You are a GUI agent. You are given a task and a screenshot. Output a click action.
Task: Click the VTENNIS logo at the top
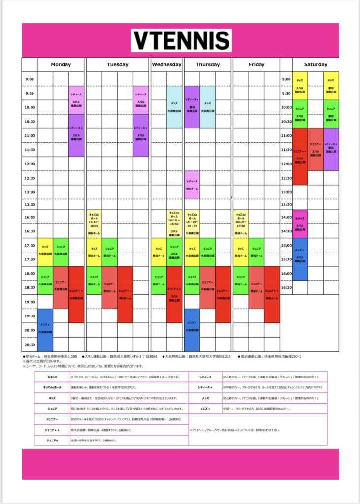(181, 41)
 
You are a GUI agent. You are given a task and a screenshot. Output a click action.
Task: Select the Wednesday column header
(166, 64)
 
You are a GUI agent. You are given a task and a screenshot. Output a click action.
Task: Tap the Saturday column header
(315, 64)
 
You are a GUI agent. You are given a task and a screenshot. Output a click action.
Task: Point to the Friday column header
(256, 64)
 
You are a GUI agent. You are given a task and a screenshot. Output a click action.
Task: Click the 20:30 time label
(30, 345)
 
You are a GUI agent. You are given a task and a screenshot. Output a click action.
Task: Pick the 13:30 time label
(30, 204)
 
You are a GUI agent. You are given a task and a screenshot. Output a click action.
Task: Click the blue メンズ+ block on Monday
(45, 329)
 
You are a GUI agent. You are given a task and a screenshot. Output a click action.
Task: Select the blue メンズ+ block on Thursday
(192, 329)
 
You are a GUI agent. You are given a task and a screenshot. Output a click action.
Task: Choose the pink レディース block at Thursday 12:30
(192, 185)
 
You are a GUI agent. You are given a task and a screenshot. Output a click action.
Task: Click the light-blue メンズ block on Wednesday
(174, 107)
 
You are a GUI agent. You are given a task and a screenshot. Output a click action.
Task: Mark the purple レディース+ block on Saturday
(331, 149)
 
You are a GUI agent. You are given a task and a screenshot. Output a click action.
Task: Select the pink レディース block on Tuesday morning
(140, 100)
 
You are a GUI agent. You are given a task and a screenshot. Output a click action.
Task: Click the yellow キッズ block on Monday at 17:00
(45, 252)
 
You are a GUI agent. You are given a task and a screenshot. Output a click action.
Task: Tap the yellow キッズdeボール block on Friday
(240, 224)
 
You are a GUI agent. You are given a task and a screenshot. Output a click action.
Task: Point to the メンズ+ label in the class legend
(206, 409)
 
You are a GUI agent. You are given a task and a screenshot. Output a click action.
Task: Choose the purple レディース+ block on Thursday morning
(192, 107)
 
